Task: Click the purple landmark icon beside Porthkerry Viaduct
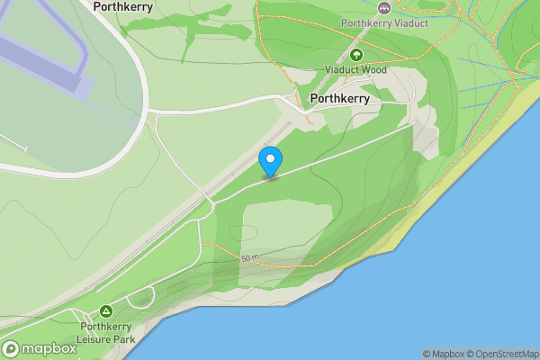point(385,7)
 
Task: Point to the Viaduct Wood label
point(355,69)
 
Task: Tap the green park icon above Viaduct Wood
point(355,55)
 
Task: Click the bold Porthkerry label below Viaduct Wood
point(338,99)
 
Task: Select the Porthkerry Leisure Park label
point(107,333)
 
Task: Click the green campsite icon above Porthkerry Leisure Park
point(106,311)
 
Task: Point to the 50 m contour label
point(249,259)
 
